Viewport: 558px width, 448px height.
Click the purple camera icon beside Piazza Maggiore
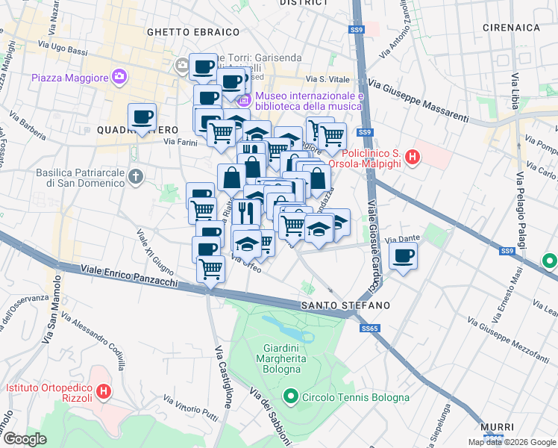[119, 77]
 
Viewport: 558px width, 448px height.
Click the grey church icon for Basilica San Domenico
[135, 177]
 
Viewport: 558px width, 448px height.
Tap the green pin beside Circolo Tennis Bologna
[290, 396]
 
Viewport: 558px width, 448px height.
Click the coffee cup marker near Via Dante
[404, 257]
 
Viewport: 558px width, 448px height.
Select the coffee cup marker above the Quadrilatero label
[142, 117]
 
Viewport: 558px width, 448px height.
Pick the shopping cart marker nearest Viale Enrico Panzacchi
[211, 267]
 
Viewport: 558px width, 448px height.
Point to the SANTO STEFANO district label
[345, 306]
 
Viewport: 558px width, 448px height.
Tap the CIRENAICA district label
[511, 28]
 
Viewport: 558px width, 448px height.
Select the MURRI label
[497, 426]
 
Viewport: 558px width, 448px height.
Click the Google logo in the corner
[25, 439]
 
